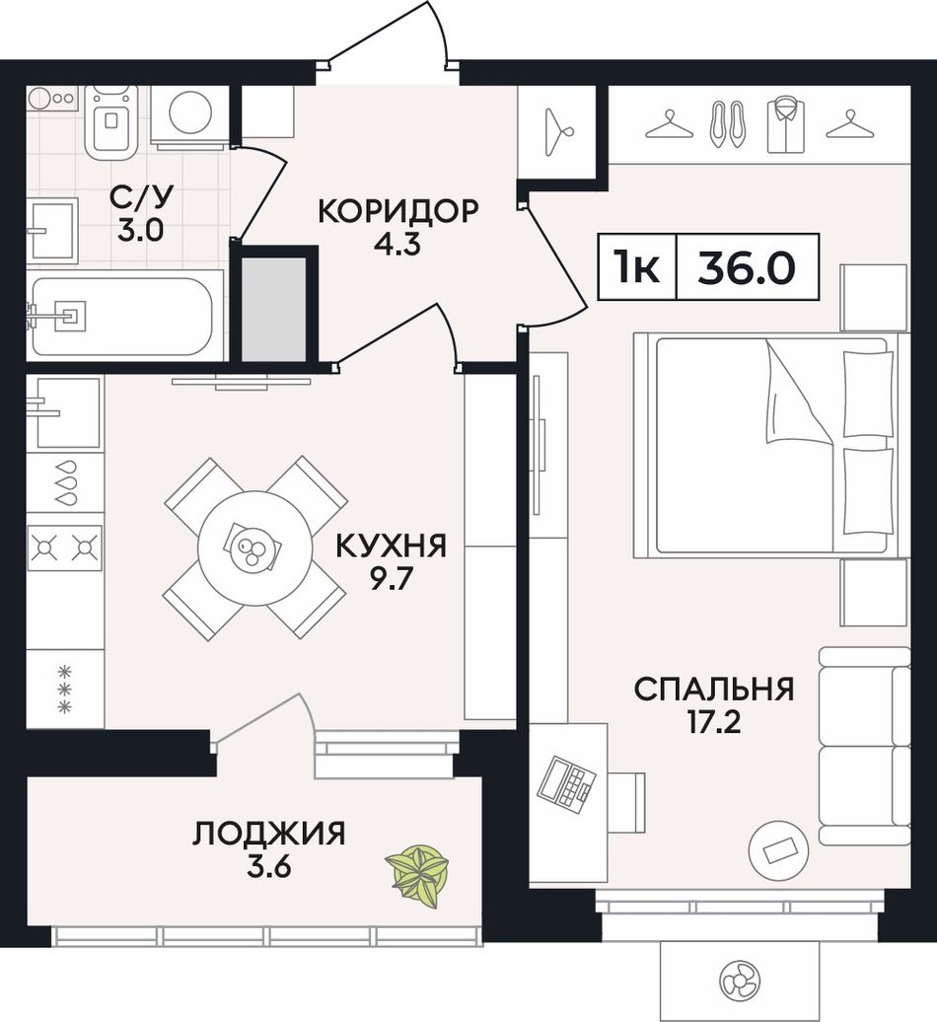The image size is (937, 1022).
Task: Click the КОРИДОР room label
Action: pos(397,212)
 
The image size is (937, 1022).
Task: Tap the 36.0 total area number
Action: pos(747,267)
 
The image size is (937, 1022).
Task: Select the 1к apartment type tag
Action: pos(637,267)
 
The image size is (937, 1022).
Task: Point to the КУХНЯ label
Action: pos(391,547)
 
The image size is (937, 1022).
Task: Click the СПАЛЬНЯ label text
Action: pos(714,689)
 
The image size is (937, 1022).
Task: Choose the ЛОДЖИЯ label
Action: pos(268,834)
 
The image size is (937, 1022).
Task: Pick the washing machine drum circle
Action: pos(191,111)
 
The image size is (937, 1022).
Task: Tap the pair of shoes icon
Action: pos(727,124)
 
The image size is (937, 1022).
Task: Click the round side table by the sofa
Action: pos(778,848)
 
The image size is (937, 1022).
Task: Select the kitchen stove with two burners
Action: pos(65,545)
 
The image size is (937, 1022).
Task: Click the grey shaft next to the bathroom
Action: pos(273,309)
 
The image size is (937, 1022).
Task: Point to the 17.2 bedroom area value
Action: pos(714,723)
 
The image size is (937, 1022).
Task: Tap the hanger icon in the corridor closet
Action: pos(559,131)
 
